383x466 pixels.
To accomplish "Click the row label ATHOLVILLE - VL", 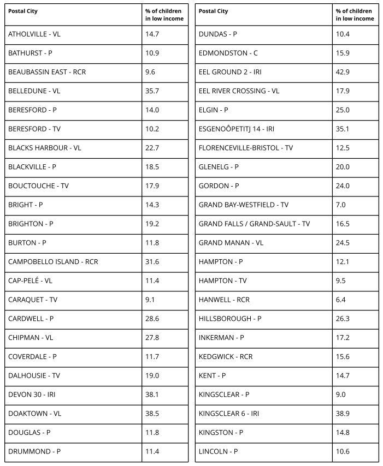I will [x=34, y=34].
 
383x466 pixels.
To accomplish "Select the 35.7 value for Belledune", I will [x=152, y=91].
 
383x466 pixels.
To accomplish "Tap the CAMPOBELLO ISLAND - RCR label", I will [x=53, y=261].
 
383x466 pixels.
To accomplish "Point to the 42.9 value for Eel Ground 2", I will [x=343, y=72].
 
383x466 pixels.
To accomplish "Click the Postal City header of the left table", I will [x=23, y=11].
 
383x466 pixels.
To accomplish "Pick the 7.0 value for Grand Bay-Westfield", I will [x=340, y=205].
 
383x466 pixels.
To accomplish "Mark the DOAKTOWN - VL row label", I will [x=34, y=414].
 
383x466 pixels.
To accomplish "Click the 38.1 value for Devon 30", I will [x=152, y=395].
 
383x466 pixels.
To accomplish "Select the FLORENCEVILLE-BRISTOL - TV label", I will [x=246, y=148].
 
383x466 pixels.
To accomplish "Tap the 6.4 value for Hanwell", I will [x=340, y=300].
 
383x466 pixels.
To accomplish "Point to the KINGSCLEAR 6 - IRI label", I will [x=229, y=414].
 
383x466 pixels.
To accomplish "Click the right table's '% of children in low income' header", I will [x=355, y=15].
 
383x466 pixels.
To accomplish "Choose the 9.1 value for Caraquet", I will [x=150, y=300].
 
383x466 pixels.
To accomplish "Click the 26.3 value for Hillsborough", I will [x=343, y=319].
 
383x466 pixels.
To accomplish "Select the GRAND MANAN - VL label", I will [x=231, y=243].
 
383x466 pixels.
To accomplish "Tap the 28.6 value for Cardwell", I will [x=152, y=319].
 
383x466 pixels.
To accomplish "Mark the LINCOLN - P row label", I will [x=218, y=451].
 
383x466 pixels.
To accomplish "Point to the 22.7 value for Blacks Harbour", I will [x=152, y=148].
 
